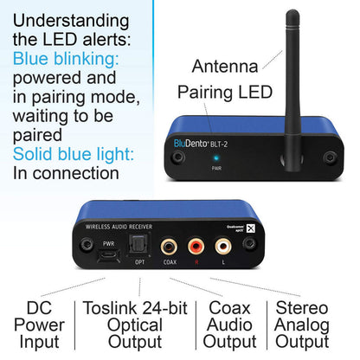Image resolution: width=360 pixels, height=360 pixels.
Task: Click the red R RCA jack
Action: [197, 247]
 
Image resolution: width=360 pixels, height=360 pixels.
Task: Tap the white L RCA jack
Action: [225, 247]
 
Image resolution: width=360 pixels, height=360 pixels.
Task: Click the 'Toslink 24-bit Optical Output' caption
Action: [134, 325]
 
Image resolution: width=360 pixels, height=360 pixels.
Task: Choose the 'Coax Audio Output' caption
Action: [229, 325]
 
